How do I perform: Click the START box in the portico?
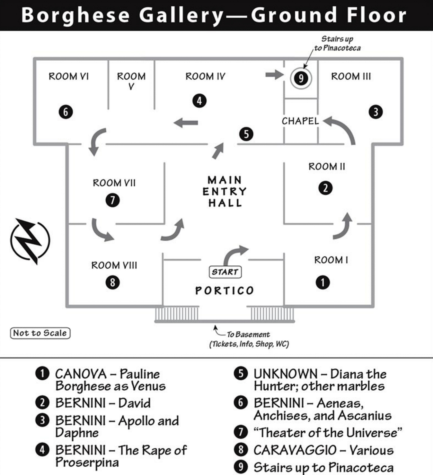(x=225, y=272)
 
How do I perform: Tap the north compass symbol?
(x=30, y=241)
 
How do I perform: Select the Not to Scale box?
(x=40, y=333)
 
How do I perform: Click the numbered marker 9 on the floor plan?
(x=301, y=78)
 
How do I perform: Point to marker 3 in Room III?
(x=376, y=112)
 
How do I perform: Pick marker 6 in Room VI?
(x=66, y=112)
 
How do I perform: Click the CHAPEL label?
(x=300, y=121)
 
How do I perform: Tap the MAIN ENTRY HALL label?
(x=225, y=192)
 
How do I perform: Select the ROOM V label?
(x=131, y=81)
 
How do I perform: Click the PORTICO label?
(x=225, y=290)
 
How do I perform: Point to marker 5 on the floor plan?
(x=246, y=134)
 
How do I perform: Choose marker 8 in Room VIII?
(x=112, y=282)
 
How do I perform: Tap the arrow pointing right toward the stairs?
(x=274, y=75)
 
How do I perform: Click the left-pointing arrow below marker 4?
(x=186, y=123)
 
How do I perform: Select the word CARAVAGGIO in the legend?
(x=295, y=450)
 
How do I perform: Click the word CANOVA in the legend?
(x=81, y=374)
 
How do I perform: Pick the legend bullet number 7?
(x=241, y=432)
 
